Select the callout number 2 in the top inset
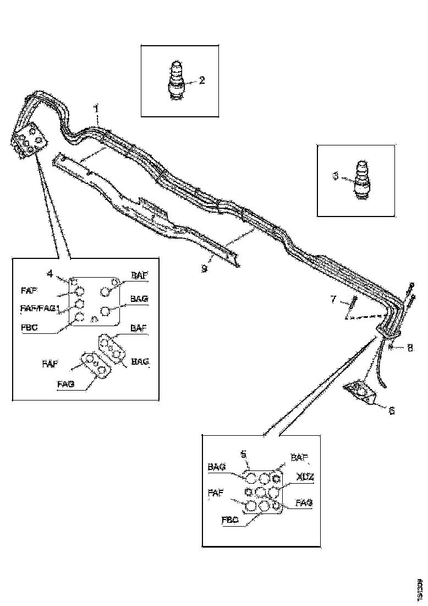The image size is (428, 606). click(202, 80)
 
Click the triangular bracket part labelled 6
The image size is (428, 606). click(359, 391)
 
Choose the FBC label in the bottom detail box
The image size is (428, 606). click(229, 519)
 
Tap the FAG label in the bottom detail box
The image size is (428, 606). click(305, 503)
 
